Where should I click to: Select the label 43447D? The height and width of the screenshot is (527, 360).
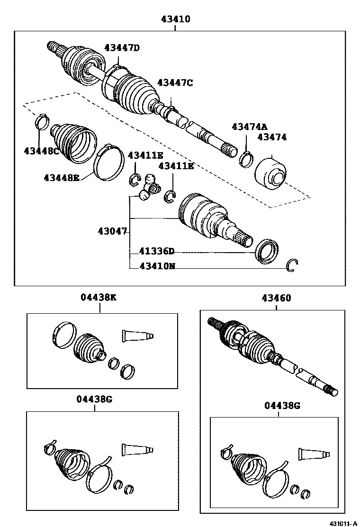coord(122,47)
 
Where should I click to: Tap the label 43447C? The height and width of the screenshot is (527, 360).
coord(175,82)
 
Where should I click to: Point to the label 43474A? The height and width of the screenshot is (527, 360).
coord(250,127)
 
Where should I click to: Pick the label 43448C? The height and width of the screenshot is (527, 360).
coord(42,151)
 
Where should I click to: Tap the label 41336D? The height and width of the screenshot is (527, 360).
coord(157,252)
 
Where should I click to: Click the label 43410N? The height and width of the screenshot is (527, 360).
coord(157,266)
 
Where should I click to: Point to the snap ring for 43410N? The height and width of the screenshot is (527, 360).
coord(294,266)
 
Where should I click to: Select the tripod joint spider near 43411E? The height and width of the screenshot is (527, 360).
coord(149,187)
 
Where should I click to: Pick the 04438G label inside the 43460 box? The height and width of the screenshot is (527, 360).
coord(282,406)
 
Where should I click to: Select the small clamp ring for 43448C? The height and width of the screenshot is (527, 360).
coord(42,121)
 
